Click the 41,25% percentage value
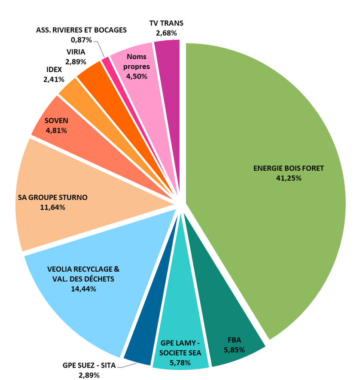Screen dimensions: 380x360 pos(289,178)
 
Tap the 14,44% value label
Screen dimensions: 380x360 pos(83,289)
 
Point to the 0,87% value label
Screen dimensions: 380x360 pos(82,40)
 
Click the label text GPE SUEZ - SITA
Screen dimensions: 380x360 pos(89,366)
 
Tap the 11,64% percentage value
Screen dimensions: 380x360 pos(52,207)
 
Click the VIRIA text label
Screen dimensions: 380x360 pos(76,52)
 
